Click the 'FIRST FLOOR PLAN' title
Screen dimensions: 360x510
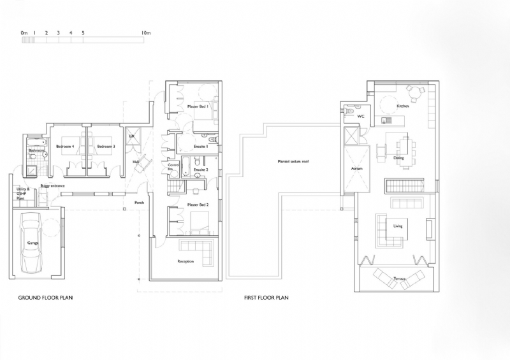coord(267,298)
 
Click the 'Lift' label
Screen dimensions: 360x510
coord(133,136)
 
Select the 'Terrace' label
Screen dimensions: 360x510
coord(400,279)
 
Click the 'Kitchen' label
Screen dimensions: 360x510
coord(403,106)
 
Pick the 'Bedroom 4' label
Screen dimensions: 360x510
coord(65,147)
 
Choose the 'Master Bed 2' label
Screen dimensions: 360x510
coord(198,205)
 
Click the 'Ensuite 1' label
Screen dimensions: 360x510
coord(201,147)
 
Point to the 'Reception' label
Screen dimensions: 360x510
coord(186,261)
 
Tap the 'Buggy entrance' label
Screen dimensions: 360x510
coord(52,186)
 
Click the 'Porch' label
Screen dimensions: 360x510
coord(138,203)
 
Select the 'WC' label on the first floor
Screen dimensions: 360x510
coord(360,117)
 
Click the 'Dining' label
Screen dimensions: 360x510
coord(398,157)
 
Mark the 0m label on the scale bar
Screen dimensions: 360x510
coord(24,32)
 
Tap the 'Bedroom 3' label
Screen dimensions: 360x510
coord(105,147)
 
